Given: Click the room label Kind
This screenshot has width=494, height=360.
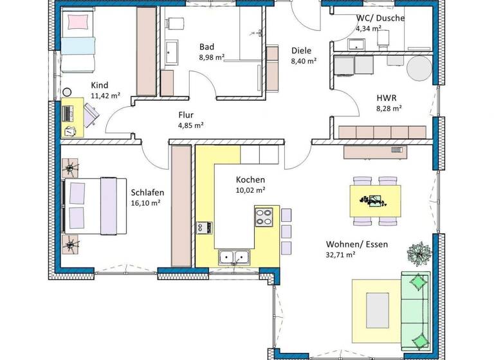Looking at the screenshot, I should (100, 85).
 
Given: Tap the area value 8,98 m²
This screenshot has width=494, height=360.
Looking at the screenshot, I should (212, 57).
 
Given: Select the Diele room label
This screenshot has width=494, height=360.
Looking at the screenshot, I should (302, 50).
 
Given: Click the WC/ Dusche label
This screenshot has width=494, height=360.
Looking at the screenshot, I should (380, 18).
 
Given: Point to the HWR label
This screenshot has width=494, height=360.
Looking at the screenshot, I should (387, 98).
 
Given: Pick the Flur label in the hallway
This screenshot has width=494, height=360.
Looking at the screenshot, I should (186, 115).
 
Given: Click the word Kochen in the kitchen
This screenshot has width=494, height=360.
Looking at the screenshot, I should (250, 179).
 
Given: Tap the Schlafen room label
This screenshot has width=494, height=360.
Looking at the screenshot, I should (147, 192).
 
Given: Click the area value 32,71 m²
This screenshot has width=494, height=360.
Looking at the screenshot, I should (341, 255).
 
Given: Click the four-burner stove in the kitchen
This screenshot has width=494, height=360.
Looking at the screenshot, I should (264, 217).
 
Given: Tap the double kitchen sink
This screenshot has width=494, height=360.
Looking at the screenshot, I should (233, 258).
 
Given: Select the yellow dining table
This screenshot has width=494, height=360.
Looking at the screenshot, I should (375, 201).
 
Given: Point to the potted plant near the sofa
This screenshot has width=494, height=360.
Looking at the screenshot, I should (419, 253).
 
